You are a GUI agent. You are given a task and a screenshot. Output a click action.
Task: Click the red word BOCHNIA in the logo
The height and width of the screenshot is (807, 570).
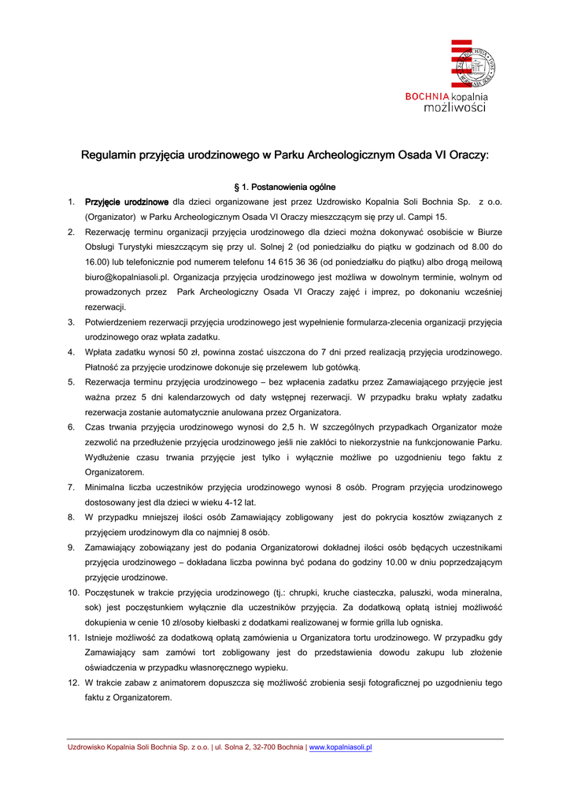click(x=427, y=97)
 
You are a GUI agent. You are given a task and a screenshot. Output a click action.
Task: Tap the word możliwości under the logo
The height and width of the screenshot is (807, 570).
click(x=454, y=108)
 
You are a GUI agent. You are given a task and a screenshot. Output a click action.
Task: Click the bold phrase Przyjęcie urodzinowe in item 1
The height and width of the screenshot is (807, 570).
click(x=127, y=202)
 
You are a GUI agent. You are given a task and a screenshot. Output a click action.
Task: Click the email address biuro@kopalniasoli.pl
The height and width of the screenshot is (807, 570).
click(x=127, y=277)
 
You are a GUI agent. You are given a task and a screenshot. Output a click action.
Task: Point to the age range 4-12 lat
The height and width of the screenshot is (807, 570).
click(x=238, y=502)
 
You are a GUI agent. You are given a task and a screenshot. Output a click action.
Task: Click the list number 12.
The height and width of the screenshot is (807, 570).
click(x=72, y=682)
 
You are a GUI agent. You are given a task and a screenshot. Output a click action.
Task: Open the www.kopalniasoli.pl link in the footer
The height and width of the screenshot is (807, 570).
click(x=340, y=747)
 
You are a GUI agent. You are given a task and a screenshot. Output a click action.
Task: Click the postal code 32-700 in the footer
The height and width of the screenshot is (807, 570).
click(x=262, y=747)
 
